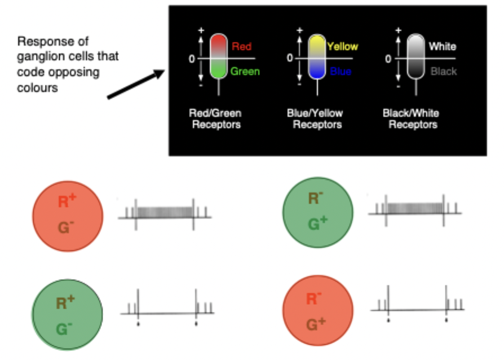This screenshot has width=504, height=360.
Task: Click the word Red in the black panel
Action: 241,46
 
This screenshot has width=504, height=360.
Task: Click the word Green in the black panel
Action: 245,72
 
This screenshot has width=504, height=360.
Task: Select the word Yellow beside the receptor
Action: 342,46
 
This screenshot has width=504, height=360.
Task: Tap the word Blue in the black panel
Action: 341,72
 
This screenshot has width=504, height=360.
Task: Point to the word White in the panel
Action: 442,46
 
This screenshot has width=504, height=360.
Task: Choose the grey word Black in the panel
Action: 444,72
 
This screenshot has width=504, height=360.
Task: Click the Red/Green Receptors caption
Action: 215,118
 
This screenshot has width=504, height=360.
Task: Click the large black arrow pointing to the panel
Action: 135,85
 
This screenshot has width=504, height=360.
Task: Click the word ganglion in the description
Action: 37,58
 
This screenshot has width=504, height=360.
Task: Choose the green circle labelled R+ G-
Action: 68,315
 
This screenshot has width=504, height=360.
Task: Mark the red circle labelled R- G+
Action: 317,311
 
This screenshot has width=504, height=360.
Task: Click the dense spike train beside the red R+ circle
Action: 165,212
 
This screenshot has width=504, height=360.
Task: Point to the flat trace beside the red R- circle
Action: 417,309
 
